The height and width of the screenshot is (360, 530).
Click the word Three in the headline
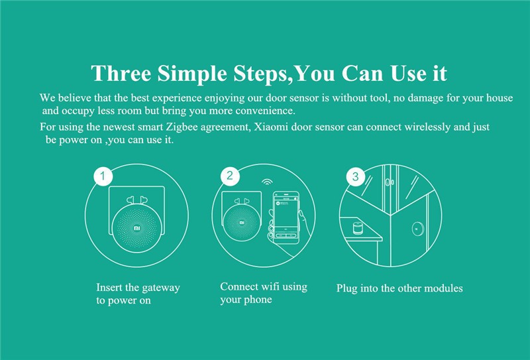(121, 73)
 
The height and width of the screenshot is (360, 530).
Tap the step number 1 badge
(103, 176)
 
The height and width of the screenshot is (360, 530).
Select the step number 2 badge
(230, 176)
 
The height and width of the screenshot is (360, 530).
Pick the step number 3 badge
(356, 176)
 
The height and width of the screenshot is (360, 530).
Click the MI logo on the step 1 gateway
(137, 228)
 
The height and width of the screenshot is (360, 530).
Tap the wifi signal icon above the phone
(268, 182)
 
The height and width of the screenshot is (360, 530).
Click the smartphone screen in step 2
(286, 215)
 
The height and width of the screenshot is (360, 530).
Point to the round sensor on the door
(419, 229)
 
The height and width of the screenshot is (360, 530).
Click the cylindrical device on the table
(357, 228)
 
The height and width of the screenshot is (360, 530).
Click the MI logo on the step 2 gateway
(242, 222)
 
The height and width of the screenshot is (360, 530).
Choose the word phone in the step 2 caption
(259, 300)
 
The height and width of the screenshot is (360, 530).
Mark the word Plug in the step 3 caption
(346, 288)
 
